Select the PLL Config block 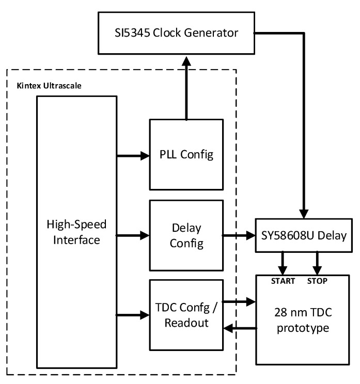pyautogui.click(x=186, y=154)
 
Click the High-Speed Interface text pyautogui.click(x=76, y=232)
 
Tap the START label pyautogui.click(x=283, y=281)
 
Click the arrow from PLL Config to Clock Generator pyautogui.click(x=185, y=88)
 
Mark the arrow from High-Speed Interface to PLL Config pyautogui.click(x=133, y=154)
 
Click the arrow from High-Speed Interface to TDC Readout pyautogui.click(x=133, y=314)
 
